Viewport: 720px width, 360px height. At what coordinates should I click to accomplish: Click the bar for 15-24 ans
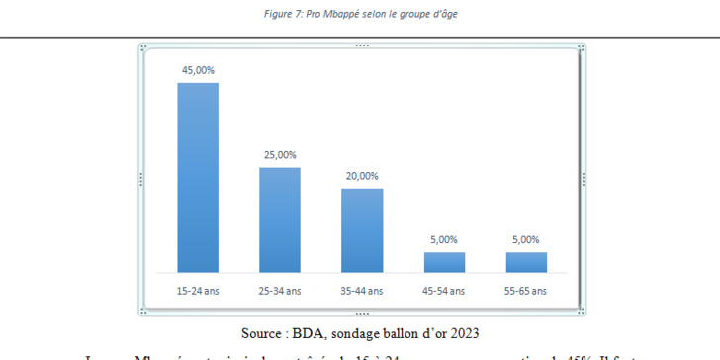198,177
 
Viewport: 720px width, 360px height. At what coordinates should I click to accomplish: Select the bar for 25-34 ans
280,220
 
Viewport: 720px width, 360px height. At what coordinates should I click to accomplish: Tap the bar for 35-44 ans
362,229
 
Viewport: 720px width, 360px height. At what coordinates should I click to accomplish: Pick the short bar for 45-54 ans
444,262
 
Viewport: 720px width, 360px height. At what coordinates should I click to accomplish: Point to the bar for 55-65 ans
526,262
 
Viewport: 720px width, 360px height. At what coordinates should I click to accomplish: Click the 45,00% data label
198,70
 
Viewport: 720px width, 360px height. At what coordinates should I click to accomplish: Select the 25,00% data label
280,155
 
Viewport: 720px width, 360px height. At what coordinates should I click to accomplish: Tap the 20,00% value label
362,176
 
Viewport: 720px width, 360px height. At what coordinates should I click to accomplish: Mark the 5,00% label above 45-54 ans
444,240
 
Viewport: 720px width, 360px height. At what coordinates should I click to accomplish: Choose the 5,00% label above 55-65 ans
526,240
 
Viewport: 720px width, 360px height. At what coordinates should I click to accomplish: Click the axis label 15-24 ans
198,292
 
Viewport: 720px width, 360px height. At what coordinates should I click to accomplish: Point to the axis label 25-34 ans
280,292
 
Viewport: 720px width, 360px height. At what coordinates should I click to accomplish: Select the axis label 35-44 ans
362,292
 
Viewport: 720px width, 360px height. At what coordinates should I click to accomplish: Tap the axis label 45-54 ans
444,292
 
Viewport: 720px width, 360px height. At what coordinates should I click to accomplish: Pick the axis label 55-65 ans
526,292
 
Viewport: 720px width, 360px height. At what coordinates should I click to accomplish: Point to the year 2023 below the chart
463,331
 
